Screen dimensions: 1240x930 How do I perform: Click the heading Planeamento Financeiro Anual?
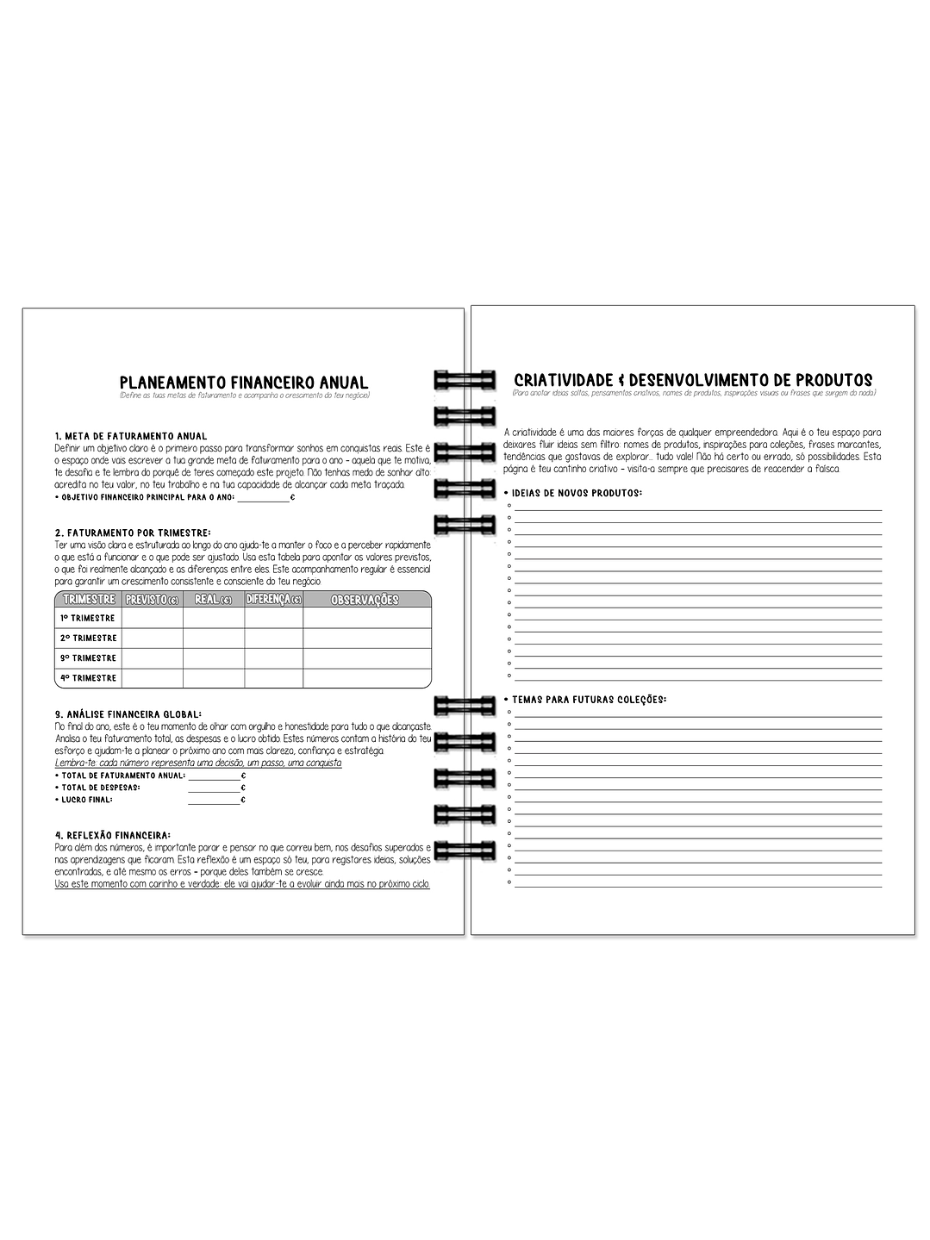(244, 382)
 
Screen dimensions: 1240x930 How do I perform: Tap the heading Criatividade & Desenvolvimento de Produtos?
(692, 380)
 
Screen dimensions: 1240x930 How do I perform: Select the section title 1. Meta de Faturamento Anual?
(130, 436)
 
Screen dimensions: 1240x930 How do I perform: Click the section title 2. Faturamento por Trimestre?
(132, 533)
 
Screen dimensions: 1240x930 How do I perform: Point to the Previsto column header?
(152, 599)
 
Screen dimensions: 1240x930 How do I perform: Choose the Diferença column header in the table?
(273, 599)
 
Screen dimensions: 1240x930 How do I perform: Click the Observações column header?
(365, 600)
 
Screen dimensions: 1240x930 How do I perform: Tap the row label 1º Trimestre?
(88, 618)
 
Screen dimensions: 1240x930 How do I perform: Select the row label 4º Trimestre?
(88, 678)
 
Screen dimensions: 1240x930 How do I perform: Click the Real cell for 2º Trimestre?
(213, 638)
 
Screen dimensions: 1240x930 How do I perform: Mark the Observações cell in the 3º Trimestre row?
(366, 658)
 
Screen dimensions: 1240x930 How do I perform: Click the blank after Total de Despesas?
(214, 788)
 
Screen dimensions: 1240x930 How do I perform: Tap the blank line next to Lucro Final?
(214, 800)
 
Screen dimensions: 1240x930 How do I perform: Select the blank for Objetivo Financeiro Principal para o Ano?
(263, 497)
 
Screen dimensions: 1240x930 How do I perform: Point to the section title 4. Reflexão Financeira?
(112, 835)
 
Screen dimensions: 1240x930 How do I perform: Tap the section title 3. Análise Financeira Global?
(128, 714)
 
